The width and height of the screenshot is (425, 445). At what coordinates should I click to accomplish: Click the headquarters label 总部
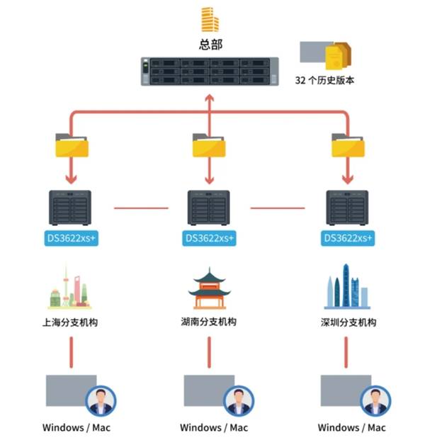pos(210,44)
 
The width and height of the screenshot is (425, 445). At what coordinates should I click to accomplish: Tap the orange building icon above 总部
pos(210,19)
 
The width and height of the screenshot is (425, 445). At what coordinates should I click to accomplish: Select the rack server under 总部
pos(210,71)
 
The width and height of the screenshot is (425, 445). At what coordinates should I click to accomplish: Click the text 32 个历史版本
pos(324,80)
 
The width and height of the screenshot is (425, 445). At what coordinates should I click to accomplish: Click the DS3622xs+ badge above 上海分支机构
pos(72,239)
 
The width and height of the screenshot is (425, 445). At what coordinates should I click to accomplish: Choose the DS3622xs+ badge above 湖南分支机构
pos(209,239)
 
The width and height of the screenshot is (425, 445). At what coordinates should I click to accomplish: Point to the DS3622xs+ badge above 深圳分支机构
pos(347,239)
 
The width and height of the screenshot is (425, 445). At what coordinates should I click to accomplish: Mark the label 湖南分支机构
pos(208,322)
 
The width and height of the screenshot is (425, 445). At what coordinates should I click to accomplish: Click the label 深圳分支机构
pos(348,322)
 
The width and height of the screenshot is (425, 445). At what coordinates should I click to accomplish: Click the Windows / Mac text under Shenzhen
pos(351,427)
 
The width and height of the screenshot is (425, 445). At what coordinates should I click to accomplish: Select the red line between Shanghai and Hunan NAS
pos(141,208)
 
